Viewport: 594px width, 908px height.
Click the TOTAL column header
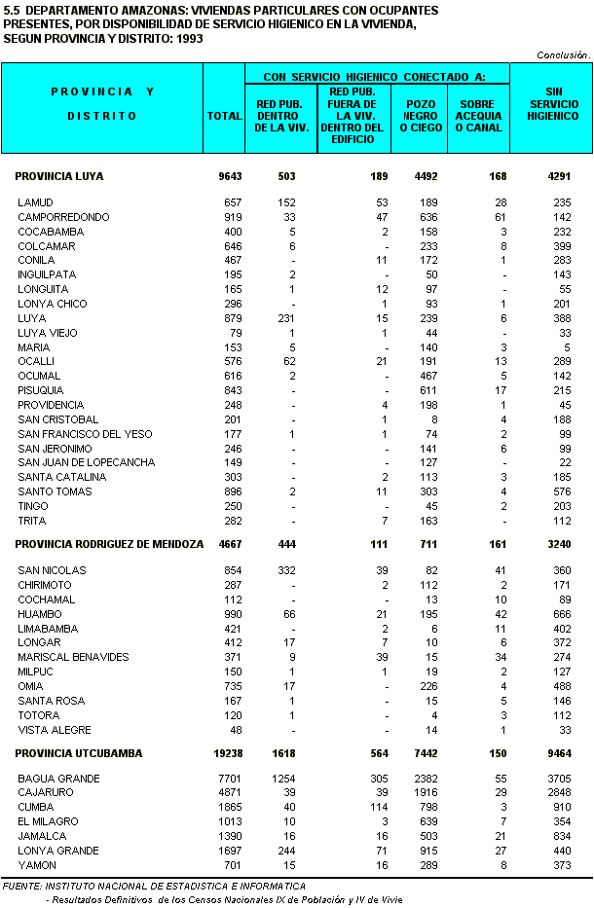pos(224,116)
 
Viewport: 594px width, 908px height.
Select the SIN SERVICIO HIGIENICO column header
pos(552,108)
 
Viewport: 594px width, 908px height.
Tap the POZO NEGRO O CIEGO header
pos(418,115)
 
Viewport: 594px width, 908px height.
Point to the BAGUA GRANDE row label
pos(58,779)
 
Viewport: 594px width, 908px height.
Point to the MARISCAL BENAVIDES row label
pos(73,657)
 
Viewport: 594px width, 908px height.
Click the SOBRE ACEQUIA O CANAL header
pos(478,115)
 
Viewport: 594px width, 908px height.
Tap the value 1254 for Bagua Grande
pos(281,779)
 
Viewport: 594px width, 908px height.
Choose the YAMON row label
pos(37,866)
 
